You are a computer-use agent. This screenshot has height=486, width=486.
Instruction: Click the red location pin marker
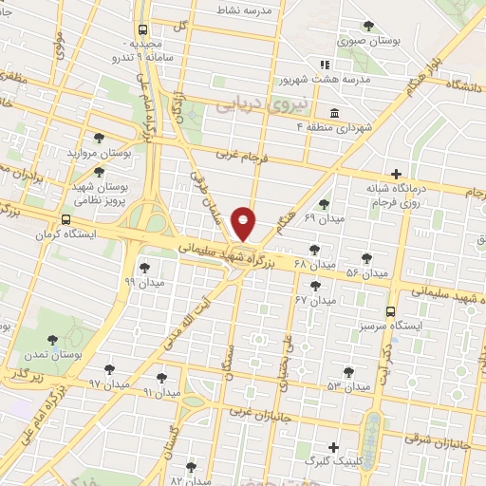244,223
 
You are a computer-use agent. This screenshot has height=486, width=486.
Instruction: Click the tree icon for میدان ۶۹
325,203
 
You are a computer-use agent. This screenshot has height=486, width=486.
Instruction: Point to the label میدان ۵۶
366,273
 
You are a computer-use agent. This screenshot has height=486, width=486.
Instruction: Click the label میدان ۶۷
316,300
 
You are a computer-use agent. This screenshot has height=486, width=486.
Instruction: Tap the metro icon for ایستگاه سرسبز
391,311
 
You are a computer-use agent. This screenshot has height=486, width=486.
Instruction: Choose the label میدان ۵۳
348,386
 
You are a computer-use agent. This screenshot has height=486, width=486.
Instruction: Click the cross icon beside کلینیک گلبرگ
333,447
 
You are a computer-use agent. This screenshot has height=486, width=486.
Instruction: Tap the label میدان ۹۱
160,390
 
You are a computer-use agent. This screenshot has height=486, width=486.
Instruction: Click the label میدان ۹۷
108,383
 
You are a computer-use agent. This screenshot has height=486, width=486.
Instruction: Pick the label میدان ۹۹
143,282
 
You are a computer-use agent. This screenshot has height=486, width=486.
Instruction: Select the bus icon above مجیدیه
142,29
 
